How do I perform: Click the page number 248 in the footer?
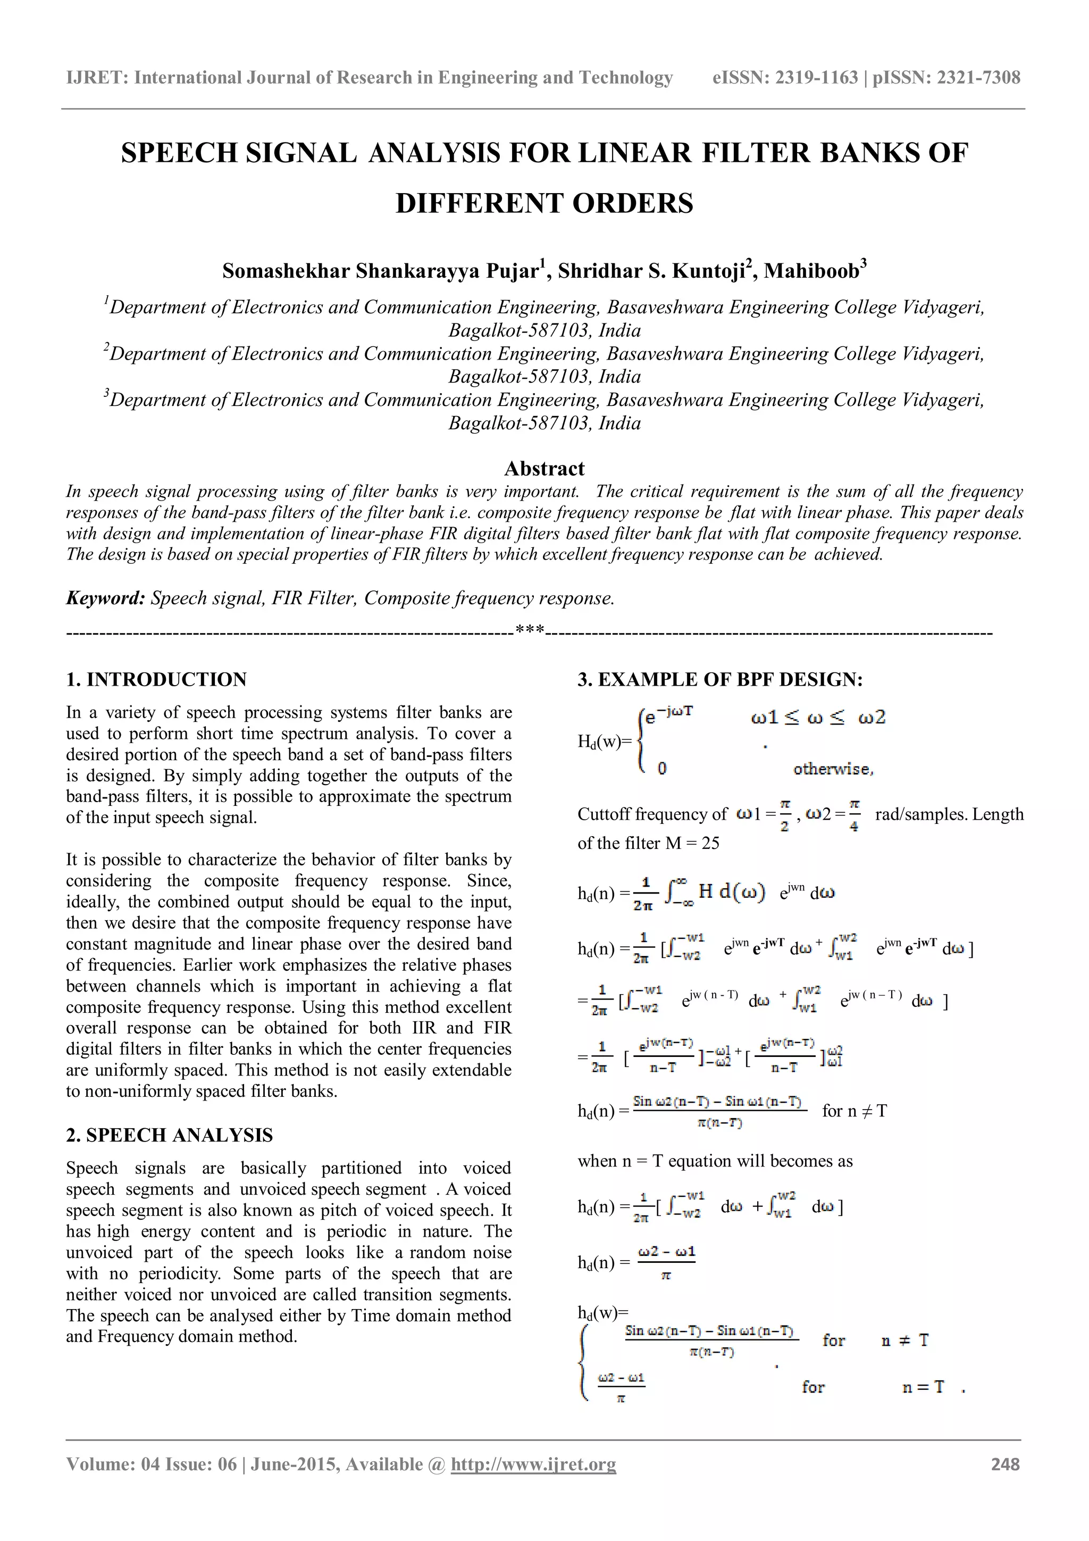(1004, 1464)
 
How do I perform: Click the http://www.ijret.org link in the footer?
(533, 1464)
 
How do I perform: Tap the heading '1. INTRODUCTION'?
(156, 679)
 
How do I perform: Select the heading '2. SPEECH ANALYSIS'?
(169, 1135)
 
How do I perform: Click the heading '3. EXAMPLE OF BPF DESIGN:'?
(720, 679)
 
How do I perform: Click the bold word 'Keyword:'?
(105, 598)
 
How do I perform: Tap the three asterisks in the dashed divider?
(530, 630)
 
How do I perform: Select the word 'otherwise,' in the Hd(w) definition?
(833, 769)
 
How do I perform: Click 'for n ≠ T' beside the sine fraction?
(853, 1111)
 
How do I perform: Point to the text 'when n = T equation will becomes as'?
(715, 1161)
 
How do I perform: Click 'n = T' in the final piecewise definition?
(923, 1387)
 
